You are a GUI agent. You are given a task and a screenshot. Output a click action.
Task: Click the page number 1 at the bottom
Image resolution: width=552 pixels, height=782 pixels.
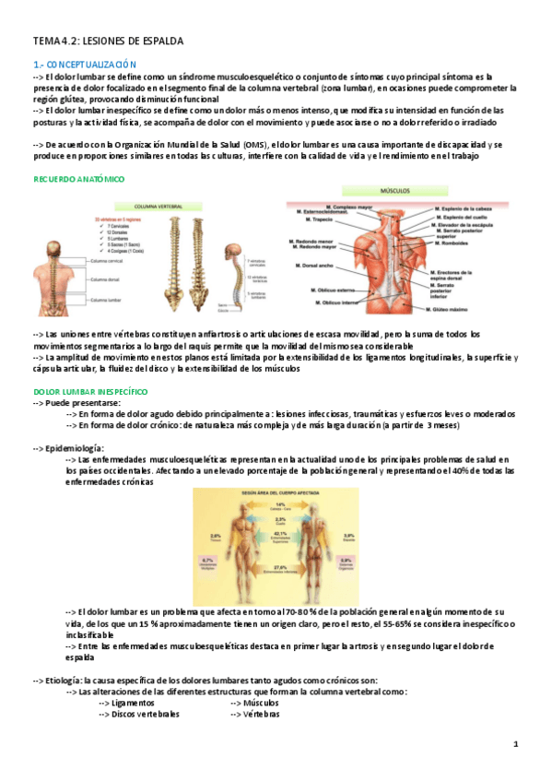[x=516, y=744]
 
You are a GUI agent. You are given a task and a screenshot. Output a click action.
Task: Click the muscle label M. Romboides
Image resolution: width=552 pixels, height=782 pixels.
[x=453, y=245]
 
